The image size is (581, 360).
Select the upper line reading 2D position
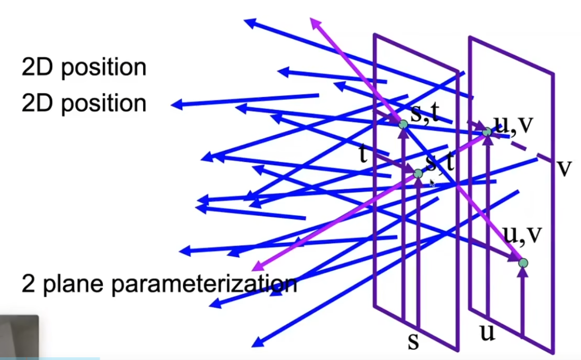tap(84, 68)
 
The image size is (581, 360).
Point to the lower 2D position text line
tap(84, 104)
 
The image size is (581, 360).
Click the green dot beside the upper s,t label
tap(403, 124)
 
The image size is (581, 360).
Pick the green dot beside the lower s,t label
tap(418, 174)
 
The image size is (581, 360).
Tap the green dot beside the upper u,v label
tap(487, 132)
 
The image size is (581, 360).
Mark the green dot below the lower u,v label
tap(523, 263)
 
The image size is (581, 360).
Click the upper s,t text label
tap(425, 113)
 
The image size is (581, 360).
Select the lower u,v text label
tap(523, 234)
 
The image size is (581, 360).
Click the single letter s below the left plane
tap(413, 342)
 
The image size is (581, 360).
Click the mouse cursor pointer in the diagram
tap(432, 183)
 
